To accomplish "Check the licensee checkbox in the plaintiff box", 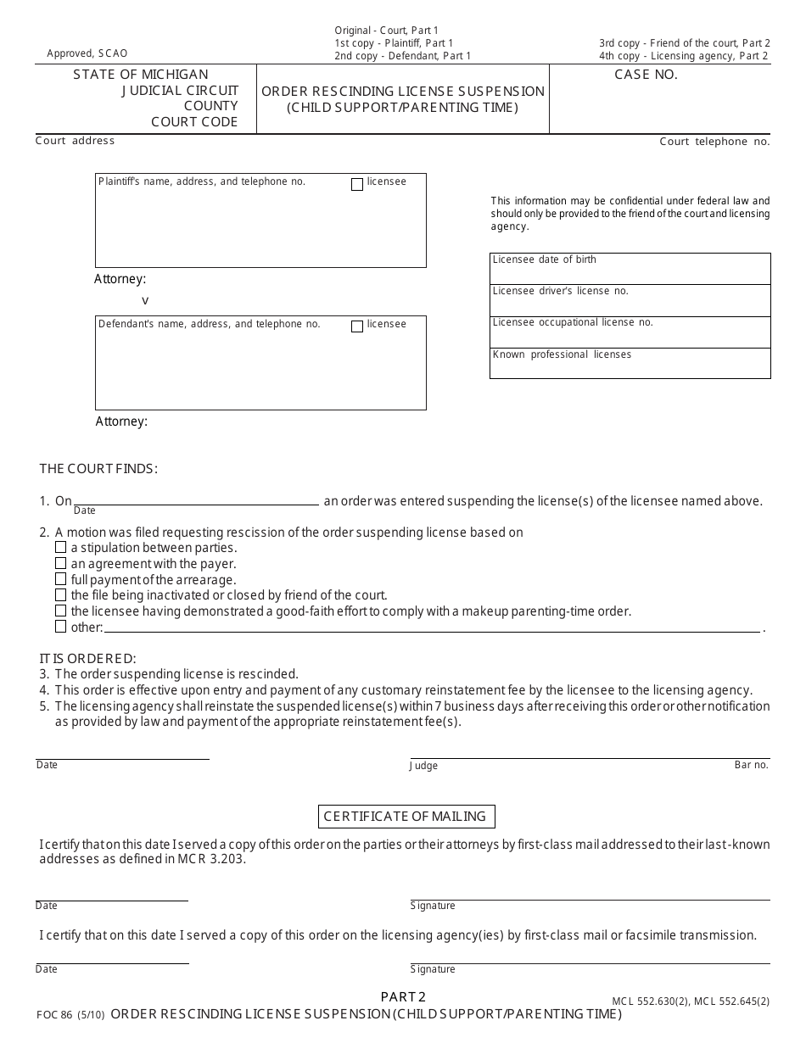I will (357, 184).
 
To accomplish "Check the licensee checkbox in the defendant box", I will (357, 326).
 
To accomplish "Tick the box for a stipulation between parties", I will (61, 548).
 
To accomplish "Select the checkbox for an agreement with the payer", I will (61, 563).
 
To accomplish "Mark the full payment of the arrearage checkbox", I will (61, 579).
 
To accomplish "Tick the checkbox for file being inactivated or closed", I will (61, 595).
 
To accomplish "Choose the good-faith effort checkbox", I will (61, 611).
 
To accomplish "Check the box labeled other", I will (61, 627).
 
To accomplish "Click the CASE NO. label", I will (646, 75).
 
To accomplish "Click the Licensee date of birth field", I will (630, 269).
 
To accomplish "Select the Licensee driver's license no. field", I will (630, 300).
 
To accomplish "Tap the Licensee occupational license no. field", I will (630, 332).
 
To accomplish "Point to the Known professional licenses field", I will (630, 363).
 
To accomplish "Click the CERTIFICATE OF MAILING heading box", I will (406, 817).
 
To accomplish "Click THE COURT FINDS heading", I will (98, 469).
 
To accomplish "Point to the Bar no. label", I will (751, 765).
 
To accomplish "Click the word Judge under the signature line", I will (424, 766).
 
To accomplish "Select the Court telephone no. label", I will (714, 142).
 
